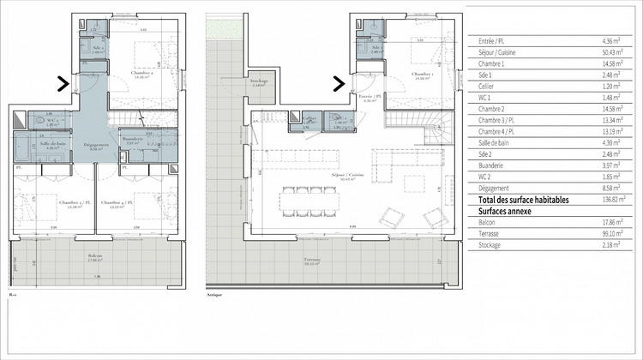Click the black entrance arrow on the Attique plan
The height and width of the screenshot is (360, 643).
(340, 84)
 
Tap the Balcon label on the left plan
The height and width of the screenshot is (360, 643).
(95, 255)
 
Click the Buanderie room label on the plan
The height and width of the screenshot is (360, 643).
(133, 140)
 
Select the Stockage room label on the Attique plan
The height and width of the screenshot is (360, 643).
(260, 81)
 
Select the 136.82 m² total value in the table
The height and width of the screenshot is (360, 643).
(614, 199)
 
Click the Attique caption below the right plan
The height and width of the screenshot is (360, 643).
(214, 294)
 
